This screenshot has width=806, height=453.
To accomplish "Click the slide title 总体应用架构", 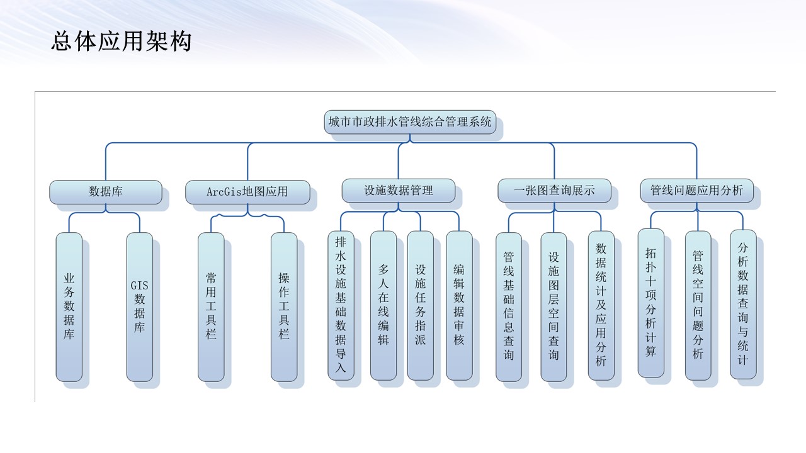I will pyautogui.click(x=121, y=42).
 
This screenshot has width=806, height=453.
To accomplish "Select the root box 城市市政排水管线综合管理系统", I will pyautogui.click(x=410, y=122).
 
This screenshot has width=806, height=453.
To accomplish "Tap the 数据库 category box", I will pyautogui.click(x=105, y=192).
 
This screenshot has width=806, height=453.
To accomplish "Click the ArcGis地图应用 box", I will pyautogui.click(x=247, y=192).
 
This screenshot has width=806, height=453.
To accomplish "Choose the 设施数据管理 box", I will pyautogui.click(x=398, y=191).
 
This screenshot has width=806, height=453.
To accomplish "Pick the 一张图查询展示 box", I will pyautogui.click(x=554, y=191).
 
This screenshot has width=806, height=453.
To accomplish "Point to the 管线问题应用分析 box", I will pyautogui.click(x=696, y=191).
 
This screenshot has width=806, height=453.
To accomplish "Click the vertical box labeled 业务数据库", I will pyautogui.click(x=69, y=306).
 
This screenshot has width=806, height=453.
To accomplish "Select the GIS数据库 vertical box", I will pyautogui.click(x=139, y=306).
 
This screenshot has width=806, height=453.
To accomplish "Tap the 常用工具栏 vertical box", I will pyautogui.click(x=210, y=306).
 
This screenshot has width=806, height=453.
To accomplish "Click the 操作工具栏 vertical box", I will pyautogui.click(x=284, y=306).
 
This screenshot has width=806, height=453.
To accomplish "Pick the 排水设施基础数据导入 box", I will pyautogui.click(x=341, y=305).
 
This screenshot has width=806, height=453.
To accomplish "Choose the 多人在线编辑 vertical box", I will pyautogui.click(x=383, y=305).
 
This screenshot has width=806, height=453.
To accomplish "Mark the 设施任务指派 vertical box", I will pyautogui.click(x=420, y=305).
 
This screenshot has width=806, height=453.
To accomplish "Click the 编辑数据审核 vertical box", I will pyautogui.click(x=459, y=305).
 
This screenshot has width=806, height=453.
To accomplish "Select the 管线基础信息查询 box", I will pyautogui.click(x=508, y=306).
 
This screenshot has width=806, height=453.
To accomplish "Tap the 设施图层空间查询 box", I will pyautogui.click(x=553, y=306).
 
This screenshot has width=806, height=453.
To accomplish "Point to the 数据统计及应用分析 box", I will pyautogui.click(x=601, y=305).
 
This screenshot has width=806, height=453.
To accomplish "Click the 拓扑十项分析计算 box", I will pyautogui.click(x=650, y=303).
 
